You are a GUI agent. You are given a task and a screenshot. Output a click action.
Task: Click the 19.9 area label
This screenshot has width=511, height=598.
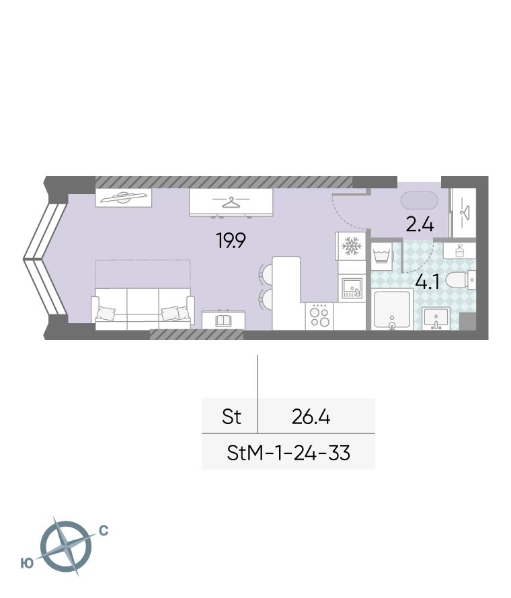(x=231, y=241)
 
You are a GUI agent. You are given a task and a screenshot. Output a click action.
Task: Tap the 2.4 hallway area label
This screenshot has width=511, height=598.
(x=420, y=224)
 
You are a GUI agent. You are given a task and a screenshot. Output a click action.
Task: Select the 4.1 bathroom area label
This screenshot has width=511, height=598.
(x=427, y=282)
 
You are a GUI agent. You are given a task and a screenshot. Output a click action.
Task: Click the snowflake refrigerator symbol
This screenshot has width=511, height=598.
(x=351, y=246)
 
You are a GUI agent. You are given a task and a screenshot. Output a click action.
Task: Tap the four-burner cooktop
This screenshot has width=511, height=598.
(x=319, y=316)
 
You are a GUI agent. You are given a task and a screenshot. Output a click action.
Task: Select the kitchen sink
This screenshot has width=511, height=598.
(x=352, y=288)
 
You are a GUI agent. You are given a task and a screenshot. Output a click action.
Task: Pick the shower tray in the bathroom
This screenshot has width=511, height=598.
(x=392, y=309)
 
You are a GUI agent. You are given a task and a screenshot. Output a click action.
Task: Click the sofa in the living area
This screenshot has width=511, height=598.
(x=143, y=308)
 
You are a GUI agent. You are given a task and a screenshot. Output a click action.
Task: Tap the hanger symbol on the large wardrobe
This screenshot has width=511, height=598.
(x=231, y=202)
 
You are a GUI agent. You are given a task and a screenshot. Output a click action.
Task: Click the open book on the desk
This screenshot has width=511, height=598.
(x=223, y=321)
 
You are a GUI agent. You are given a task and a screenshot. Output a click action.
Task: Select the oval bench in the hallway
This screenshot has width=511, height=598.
(x=419, y=200)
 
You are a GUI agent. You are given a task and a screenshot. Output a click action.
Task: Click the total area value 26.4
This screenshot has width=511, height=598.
(x=311, y=417)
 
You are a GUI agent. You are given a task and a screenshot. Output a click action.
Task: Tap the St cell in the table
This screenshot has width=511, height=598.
(x=231, y=417)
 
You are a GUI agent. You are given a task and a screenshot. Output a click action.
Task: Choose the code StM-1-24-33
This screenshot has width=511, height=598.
(x=288, y=453)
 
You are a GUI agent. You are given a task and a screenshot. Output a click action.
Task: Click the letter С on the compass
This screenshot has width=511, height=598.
(x=104, y=531)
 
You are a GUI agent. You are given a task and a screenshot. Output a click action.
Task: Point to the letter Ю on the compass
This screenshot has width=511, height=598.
(x=27, y=563)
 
